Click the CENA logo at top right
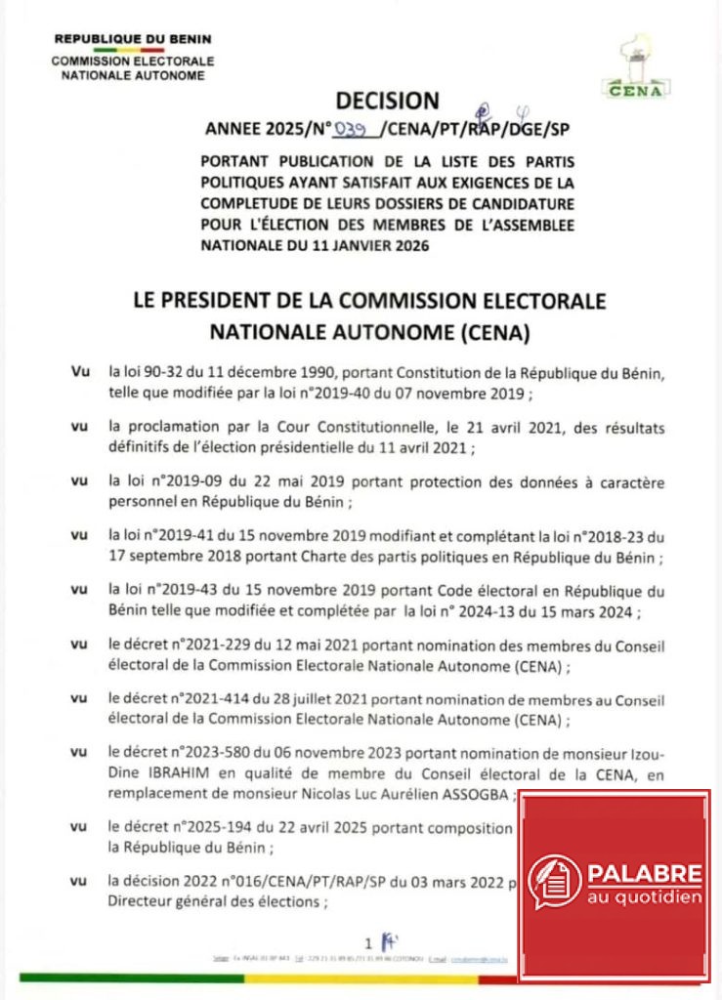coord(636,69)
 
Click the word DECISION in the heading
coord(388,100)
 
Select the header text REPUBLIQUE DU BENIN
coord(132,40)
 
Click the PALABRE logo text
coord(644,872)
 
